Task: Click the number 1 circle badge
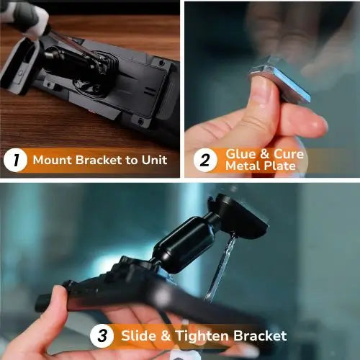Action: pos(15,161)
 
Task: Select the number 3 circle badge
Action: pos(102,336)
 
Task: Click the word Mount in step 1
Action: pos(51,160)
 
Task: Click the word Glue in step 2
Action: pos(240,153)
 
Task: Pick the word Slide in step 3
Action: pos(139,336)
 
